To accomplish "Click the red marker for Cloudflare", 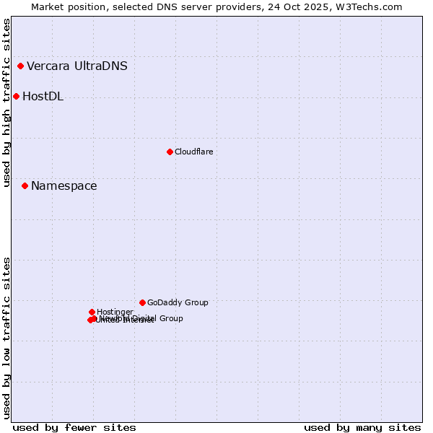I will click(x=170, y=152).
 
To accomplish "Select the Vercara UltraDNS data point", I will click(x=20, y=66).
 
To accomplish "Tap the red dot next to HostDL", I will click(x=16, y=96).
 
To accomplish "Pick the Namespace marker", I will click(x=25, y=185).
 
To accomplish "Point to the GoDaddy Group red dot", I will click(x=142, y=302).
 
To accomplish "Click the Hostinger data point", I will click(x=92, y=312).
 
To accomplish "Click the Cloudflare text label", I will click(x=193, y=152).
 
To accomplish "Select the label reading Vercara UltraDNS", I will click(x=77, y=66).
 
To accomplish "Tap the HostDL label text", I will click(x=43, y=97).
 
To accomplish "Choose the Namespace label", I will click(x=64, y=186).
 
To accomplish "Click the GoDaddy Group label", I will click(x=178, y=302).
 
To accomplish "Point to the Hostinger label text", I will click(x=115, y=312).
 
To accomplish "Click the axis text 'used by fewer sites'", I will click(x=74, y=427).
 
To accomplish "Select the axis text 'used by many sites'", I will click(x=362, y=427).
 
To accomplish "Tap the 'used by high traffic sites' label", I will click(x=6, y=102).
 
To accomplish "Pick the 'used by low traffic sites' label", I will click(x=6, y=337).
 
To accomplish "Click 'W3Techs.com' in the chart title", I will click(x=372, y=6).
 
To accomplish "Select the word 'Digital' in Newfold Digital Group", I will click(x=145, y=318).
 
